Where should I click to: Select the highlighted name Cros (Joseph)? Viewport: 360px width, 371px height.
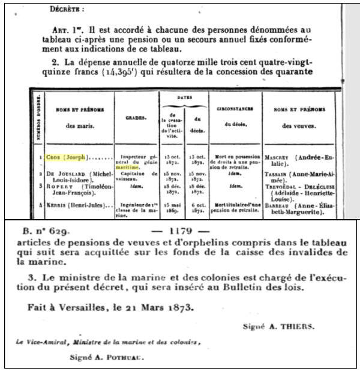[67, 157]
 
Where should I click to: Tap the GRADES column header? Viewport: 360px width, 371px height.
[134, 118]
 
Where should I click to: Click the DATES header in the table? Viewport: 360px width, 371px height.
[183, 97]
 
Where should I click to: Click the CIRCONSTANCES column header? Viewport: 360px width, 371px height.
[236, 109]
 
